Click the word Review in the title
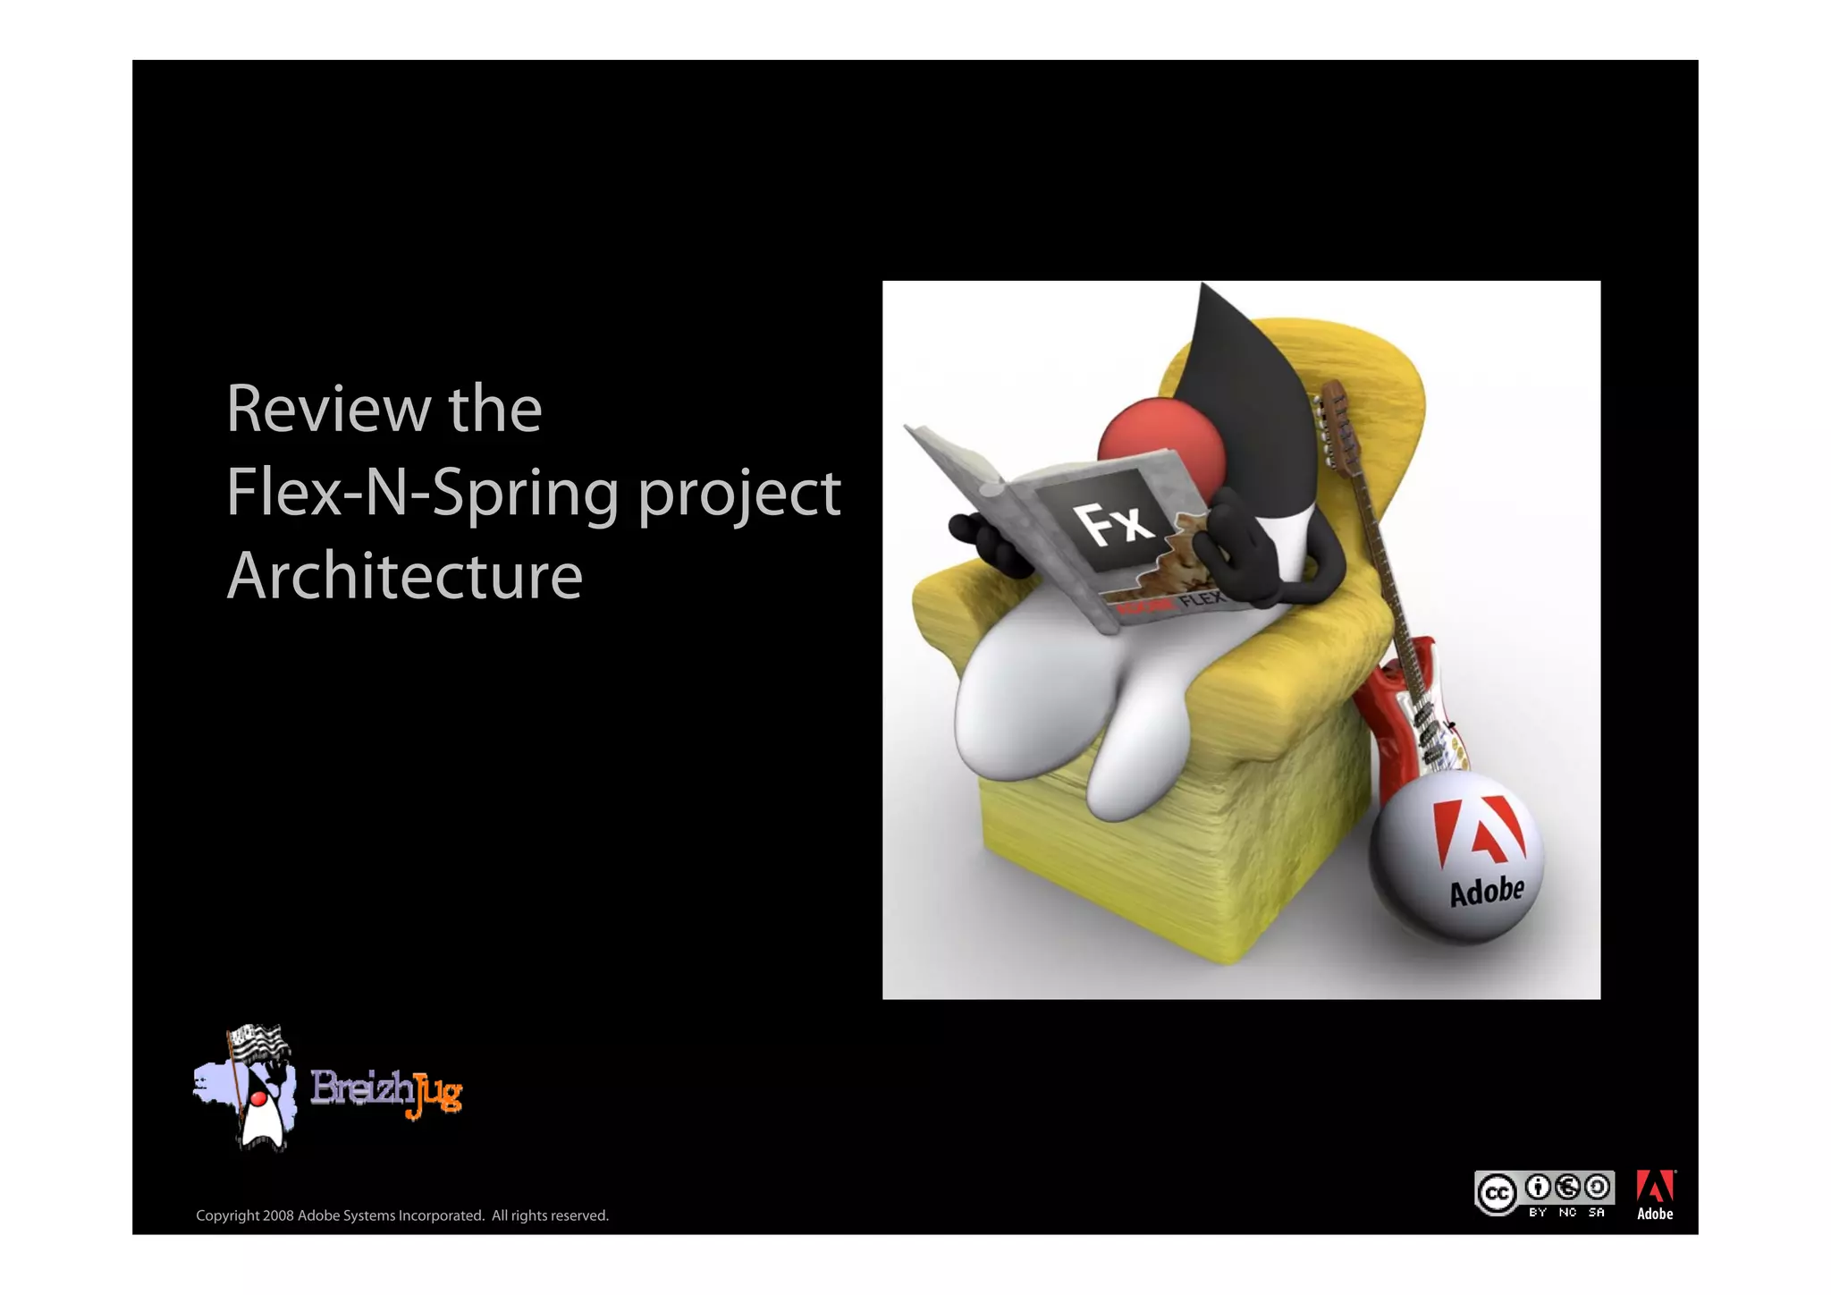tap(328, 410)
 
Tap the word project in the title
tap(738, 493)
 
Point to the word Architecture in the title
tap(404, 576)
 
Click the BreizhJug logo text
tap(385, 1092)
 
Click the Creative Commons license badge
tap(1543, 1193)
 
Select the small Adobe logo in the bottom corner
tap(1655, 1195)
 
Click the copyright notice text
tap(402, 1215)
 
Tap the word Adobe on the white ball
tap(1486, 892)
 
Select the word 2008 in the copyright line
tap(278, 1215)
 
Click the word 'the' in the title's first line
tap(494, 410)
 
